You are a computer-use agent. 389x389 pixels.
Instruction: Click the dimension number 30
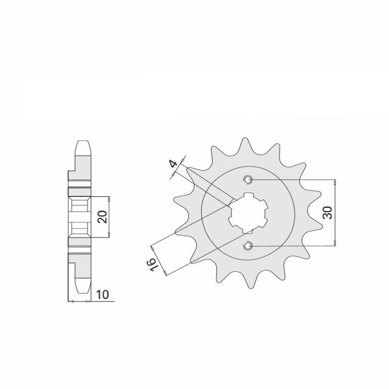coord(327,213)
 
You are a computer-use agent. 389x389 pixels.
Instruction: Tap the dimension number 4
coord(173,165)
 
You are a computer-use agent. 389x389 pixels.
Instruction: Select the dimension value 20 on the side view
coord(103,217)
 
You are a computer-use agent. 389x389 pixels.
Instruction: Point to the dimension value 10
coord(103,295)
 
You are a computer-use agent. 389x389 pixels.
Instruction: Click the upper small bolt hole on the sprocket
coord(248,180)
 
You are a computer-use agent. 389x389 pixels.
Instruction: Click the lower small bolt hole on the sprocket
coord(248,246)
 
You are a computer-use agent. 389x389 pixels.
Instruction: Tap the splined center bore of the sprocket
coord(247,213)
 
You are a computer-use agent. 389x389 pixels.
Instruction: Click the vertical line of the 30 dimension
coord(335,213)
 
